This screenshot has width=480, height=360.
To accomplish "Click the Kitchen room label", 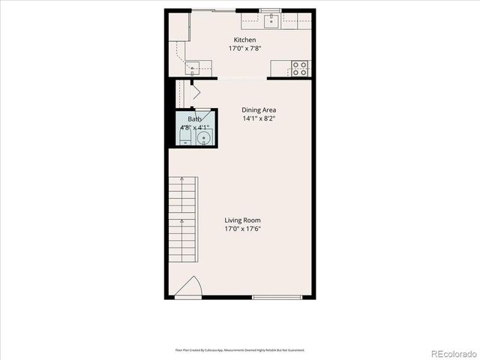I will [244, 40].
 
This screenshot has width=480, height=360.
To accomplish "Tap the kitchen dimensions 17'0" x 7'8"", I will [244, 48].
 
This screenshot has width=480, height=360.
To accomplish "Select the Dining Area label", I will [259, 110].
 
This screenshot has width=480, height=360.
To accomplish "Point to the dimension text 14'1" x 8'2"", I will [259, 118].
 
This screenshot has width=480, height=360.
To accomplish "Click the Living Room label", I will [243, 220].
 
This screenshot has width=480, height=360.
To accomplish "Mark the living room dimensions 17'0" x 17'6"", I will [243, 229].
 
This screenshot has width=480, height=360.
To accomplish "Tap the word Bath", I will [194, 119].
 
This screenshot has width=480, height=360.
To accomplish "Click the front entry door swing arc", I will [192, 287].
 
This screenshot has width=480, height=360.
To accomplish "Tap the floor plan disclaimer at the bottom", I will [240, 349].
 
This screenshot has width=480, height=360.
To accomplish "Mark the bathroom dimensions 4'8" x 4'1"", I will [193, 127].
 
